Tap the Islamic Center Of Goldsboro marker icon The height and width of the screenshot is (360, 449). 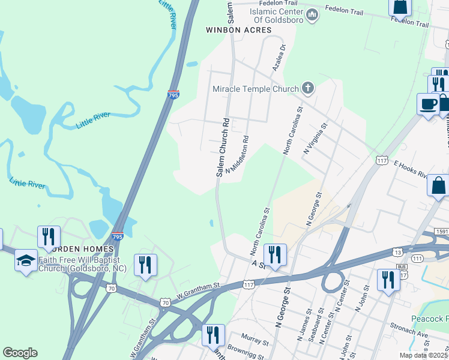coord(312,14)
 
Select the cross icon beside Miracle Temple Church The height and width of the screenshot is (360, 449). coord(308,89)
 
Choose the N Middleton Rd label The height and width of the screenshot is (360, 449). coord(237,157)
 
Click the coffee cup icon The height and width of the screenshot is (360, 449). coord(428,104)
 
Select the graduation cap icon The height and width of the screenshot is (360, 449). coord(26,260)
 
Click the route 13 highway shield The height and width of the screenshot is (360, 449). coord(398,252)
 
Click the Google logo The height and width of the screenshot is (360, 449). coord(20,353)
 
